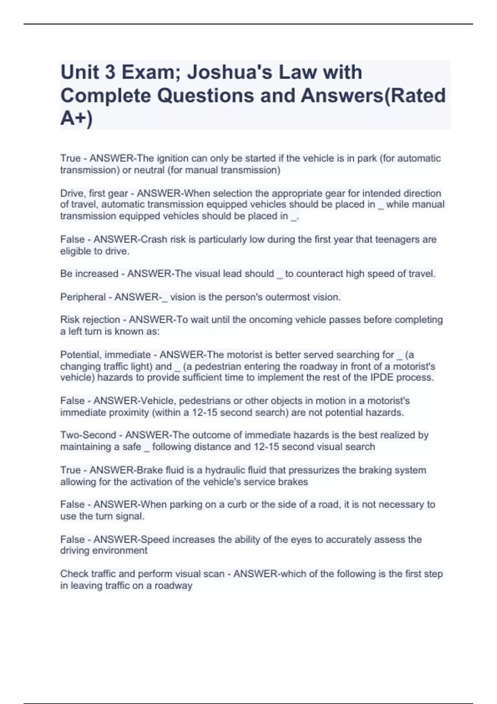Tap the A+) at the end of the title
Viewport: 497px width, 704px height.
[77, 118]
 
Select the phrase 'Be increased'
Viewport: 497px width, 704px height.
[89, 274]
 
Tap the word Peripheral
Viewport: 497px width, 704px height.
[83, 297]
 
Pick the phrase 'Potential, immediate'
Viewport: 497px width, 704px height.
[105, 355]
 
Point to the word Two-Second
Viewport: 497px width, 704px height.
[88, 435]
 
